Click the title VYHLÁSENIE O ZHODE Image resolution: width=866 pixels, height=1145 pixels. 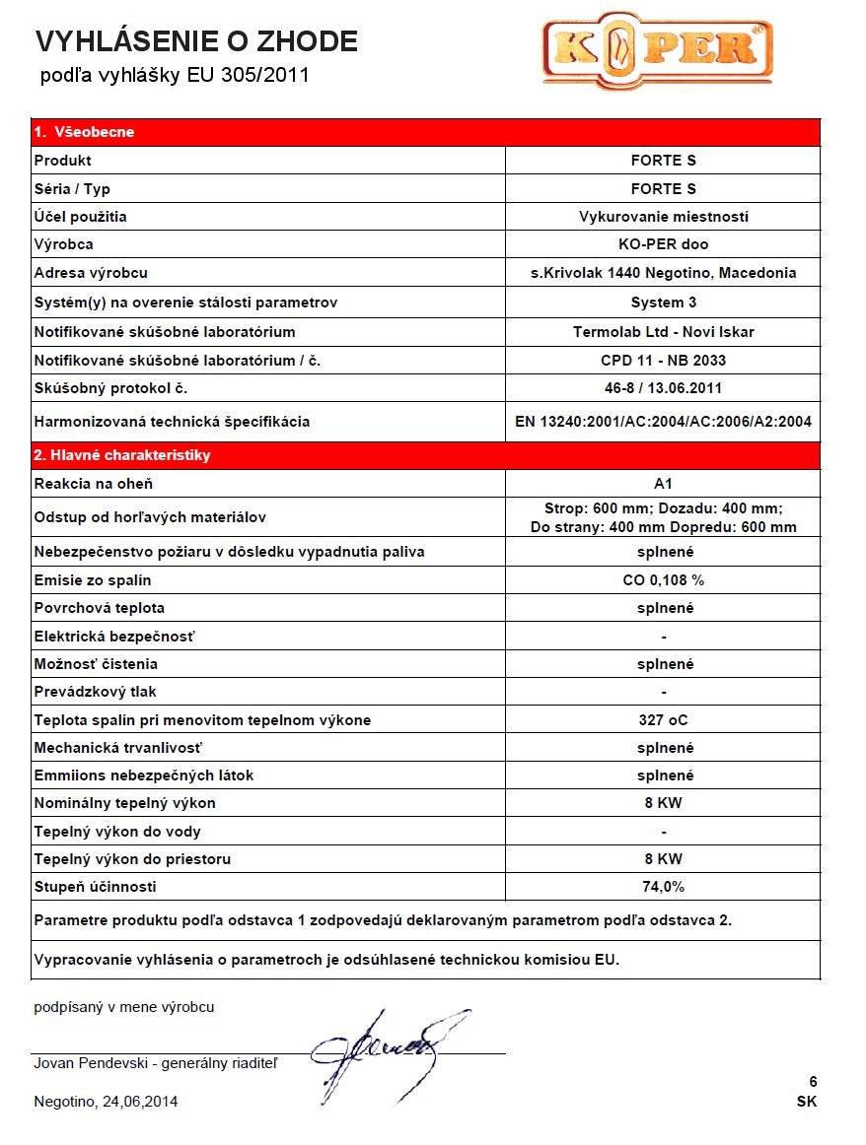[196, 41]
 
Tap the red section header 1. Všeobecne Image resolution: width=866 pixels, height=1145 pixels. [85, 132]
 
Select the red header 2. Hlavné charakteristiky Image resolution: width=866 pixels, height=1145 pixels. [122, 455]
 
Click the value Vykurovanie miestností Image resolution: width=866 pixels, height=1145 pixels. [663, 216]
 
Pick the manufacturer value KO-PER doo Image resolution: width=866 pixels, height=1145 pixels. [663, 244]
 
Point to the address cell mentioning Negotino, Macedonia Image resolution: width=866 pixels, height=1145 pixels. [663, 273]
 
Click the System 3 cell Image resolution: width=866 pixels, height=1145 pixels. [663, 303]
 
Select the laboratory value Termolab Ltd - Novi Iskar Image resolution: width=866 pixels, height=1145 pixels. [663, 332]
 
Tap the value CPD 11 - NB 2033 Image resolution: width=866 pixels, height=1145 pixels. [663, 361]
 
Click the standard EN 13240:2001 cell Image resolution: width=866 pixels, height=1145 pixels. [663, 422]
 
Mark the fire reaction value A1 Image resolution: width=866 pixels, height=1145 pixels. [663, 484]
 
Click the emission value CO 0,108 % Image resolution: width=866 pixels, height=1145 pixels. [663, 579]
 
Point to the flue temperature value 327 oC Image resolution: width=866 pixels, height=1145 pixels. [663, 720]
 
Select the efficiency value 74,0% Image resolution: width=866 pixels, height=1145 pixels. [663, 887]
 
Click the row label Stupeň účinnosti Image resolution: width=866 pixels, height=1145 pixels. [96, 887]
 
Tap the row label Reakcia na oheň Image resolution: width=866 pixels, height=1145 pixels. [94, 484]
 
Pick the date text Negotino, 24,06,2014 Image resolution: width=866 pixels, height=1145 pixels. [107, 1102]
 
